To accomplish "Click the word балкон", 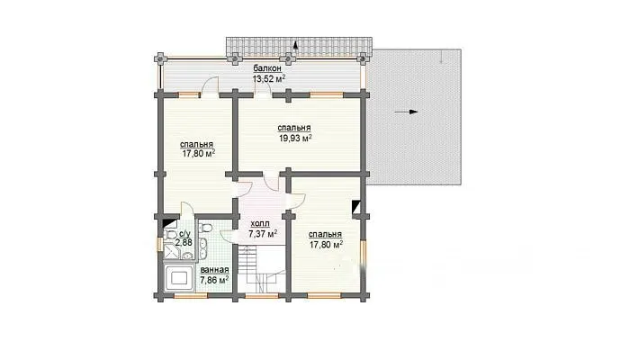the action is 267,68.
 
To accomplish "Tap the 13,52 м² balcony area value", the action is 269,78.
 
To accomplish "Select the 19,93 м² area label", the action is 295,139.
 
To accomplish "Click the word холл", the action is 260,223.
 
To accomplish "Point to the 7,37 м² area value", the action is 263,233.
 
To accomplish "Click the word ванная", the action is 214,270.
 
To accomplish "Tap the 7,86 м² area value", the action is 214,280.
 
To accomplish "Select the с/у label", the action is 184,234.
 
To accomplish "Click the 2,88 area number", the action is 184,243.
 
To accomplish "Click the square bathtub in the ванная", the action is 180,278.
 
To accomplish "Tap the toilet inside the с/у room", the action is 170,234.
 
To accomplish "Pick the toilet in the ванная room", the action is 206,228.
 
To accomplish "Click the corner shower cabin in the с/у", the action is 173,251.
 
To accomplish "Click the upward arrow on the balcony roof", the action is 295,45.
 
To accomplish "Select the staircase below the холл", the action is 262,269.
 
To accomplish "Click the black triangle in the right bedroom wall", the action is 356,207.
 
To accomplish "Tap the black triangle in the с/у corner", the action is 170,223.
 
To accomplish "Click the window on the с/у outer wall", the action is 159,244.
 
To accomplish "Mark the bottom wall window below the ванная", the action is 191,296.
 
